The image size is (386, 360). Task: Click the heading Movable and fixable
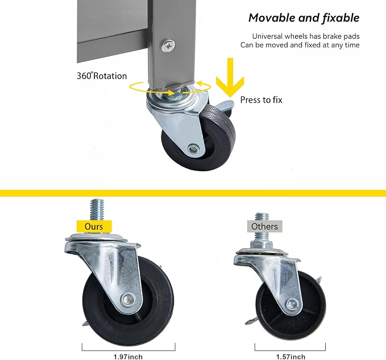[304, 18]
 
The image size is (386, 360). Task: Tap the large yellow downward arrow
[230, 77]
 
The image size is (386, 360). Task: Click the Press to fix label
[261, 100]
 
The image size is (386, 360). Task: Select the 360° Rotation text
[102, 76]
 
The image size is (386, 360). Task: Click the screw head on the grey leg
[168, 46]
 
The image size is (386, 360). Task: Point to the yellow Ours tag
[94, 226]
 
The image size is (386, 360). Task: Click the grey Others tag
[265, 226]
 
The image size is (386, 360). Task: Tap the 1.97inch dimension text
[128, 357]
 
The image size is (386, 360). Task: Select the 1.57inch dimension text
[290, 357]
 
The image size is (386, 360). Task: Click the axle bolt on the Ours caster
[128, 299]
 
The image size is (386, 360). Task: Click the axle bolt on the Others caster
[292, 304]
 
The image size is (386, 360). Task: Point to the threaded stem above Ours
[97, 209]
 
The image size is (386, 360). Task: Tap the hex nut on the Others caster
[262, 245]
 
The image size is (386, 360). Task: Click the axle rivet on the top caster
[193, 148]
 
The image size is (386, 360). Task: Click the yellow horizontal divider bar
[193, 193]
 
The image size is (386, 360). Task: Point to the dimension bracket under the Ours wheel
[128, 350]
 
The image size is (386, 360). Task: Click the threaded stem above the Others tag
[262, 217]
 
